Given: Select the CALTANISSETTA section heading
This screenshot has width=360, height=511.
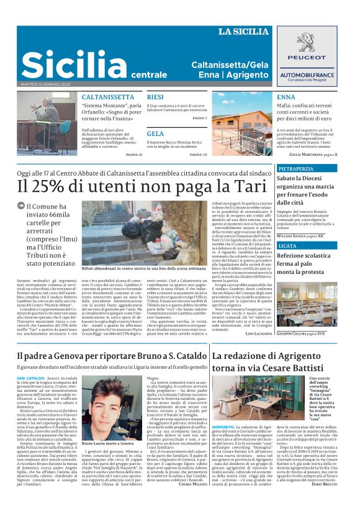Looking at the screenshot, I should pyautogui.click(x=107, y=97).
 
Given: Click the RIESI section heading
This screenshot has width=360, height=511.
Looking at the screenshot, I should pyautogui.click(x=155, y=97).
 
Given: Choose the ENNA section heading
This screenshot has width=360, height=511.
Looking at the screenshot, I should pyautogui.click(x=286, y=97).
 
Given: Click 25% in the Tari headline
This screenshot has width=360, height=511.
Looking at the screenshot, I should pyautogui.click(x=52, y=186).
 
